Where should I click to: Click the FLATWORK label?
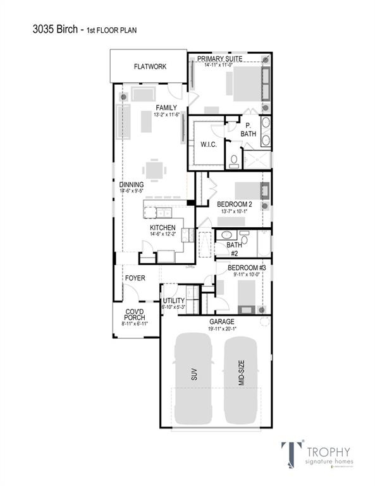[150, 66]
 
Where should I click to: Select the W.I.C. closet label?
[209, 144]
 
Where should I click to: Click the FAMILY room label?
[166, 108]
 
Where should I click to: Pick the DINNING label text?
[130, 185]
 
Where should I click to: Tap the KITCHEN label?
[163, 227]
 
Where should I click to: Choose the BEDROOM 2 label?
[235, 204]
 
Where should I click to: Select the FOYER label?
[135, 278]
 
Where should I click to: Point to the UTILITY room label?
[174, 301]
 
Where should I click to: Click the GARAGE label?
[221, 321]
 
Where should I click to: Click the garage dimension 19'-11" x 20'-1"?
[221, 328]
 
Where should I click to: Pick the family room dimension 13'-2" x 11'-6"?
[166, 115]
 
